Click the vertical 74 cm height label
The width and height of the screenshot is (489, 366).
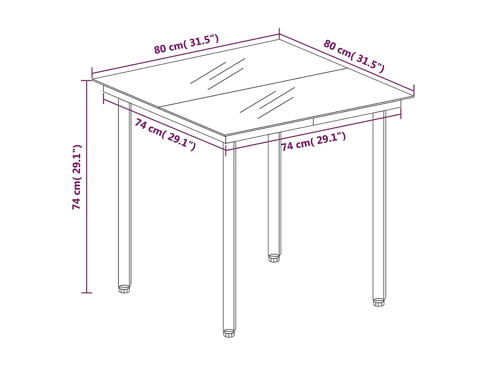77,177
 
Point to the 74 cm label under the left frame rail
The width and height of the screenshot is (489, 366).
165,134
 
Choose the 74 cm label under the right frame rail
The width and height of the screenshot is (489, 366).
313,141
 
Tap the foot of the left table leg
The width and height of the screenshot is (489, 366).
124,289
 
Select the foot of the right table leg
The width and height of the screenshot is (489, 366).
379,302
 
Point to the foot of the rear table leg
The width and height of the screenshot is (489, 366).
274,258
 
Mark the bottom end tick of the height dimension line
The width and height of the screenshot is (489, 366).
86,293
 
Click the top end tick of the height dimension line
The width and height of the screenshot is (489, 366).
86,80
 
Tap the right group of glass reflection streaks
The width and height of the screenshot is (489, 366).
268,103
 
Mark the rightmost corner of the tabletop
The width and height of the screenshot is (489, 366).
413,97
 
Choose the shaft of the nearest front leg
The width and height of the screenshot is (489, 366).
229,235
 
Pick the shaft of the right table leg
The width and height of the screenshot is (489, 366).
379,205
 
